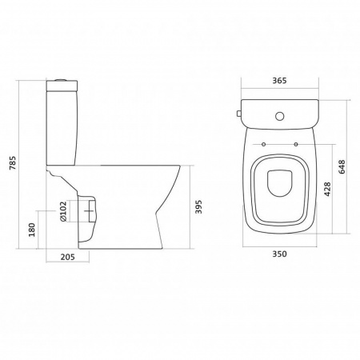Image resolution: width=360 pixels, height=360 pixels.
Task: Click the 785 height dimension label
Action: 13,163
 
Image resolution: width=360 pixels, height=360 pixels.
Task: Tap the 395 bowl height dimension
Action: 198,206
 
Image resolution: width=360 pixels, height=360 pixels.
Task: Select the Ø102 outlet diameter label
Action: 63,211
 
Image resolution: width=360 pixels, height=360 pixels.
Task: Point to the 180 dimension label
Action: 32,230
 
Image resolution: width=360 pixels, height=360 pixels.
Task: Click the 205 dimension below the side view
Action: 68,257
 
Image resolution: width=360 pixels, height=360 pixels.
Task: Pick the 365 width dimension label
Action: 279,81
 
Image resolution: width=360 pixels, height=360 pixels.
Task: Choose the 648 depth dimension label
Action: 342,167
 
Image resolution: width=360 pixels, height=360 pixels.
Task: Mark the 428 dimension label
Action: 327,189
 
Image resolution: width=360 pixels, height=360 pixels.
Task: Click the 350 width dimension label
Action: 279,254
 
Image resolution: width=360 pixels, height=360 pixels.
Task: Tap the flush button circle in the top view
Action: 280,116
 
